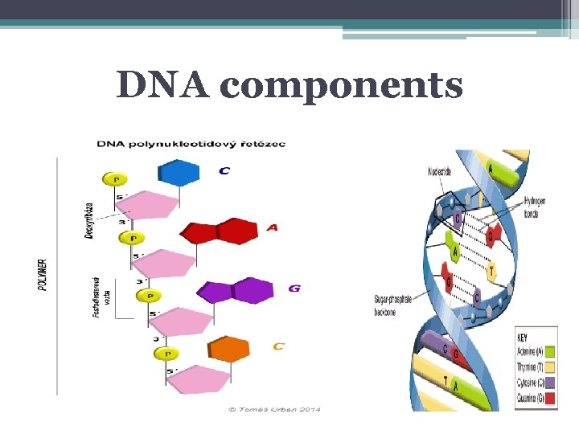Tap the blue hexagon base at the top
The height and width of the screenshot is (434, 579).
179,173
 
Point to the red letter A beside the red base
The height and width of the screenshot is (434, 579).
273,228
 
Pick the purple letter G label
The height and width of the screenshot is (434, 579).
294,288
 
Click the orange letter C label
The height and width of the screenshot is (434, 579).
278,346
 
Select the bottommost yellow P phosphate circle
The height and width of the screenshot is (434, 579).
167,354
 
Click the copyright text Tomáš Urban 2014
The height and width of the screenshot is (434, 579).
274,409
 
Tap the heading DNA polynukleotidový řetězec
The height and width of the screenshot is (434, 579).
191,144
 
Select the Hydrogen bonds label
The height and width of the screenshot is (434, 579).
535,207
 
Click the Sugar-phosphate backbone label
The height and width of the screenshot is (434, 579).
392,305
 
